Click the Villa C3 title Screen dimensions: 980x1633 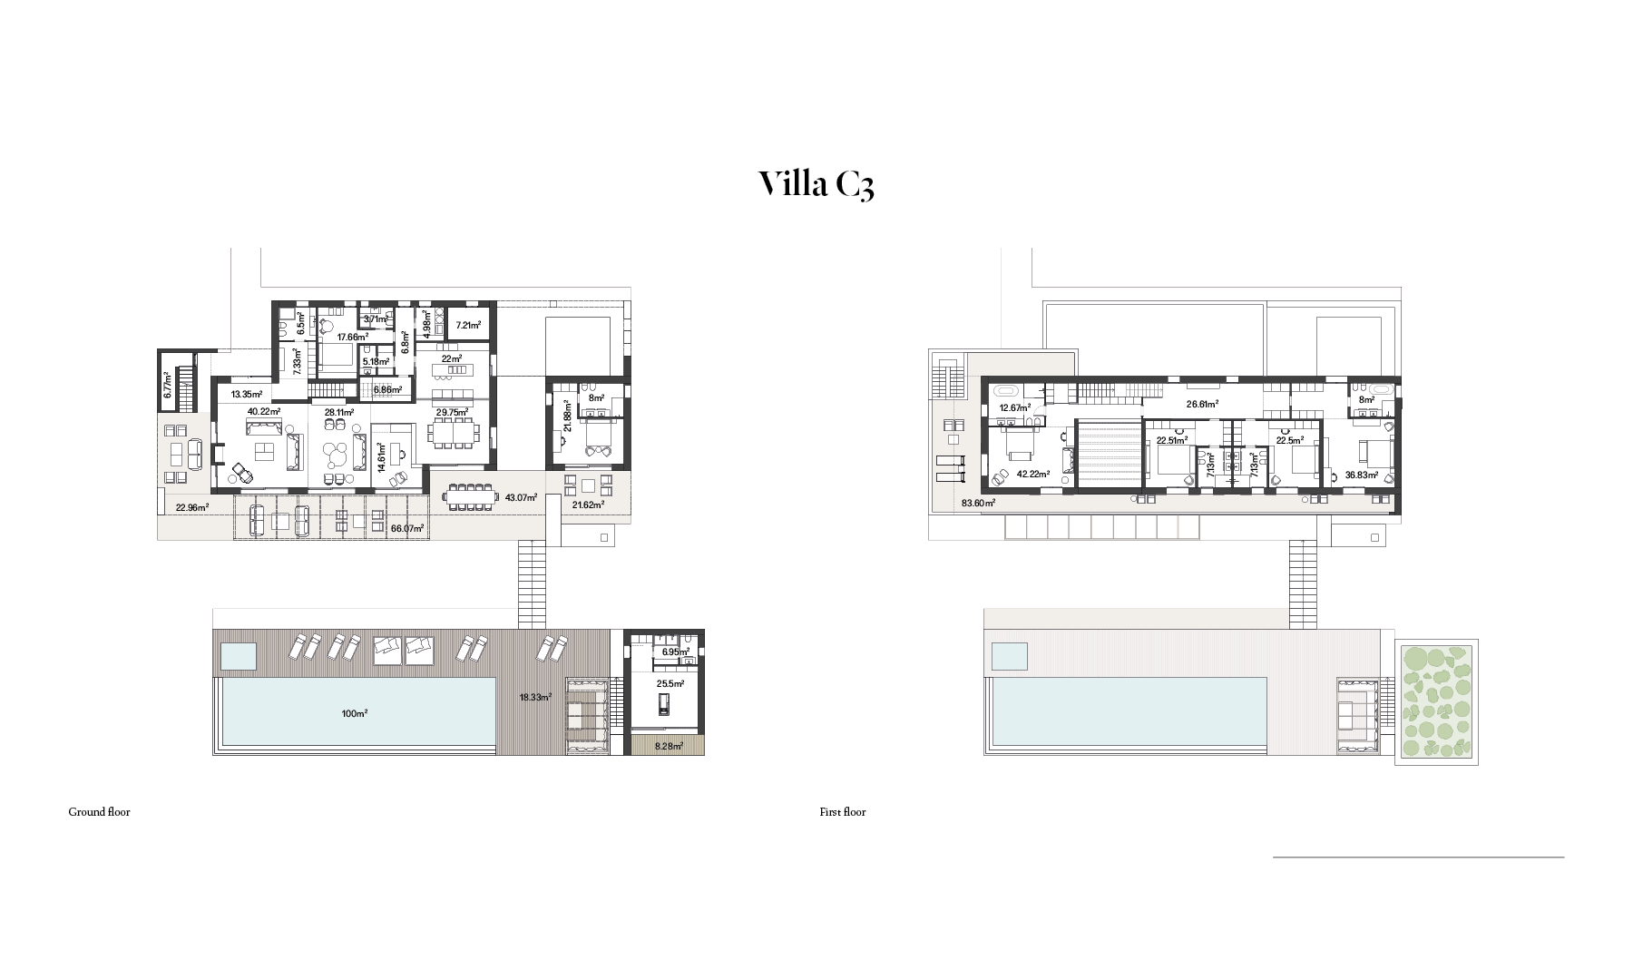(x=816, y=183)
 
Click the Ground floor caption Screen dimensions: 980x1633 (x=99, y=812)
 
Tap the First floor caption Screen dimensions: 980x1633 (x=842, y=812)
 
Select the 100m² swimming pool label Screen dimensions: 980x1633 (x=354, y=714)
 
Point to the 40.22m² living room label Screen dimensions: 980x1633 (x=264, y=411)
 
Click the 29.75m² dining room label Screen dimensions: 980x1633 (x=452, y=411)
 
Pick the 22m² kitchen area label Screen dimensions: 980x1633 (x=452, y=358)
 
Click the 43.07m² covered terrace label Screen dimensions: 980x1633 (x=521, y=497)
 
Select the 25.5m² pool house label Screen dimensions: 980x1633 (x=670, y=683)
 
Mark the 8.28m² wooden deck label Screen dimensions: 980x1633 (x=668, y=746)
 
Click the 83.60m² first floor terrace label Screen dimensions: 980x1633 (x=978, y=503)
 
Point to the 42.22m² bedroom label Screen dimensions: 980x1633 (x=1033, y=475)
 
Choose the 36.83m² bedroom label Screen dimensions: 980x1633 (x=1362, y=475)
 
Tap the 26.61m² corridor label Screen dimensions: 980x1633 (x=1202, y=405)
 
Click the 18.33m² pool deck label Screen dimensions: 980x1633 (x=535, y=698)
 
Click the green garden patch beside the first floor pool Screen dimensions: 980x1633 (x=1436, y=701)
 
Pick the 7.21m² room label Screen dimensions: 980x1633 (x=468, y=325)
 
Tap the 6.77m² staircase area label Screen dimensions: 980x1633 (x=168, y=387)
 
